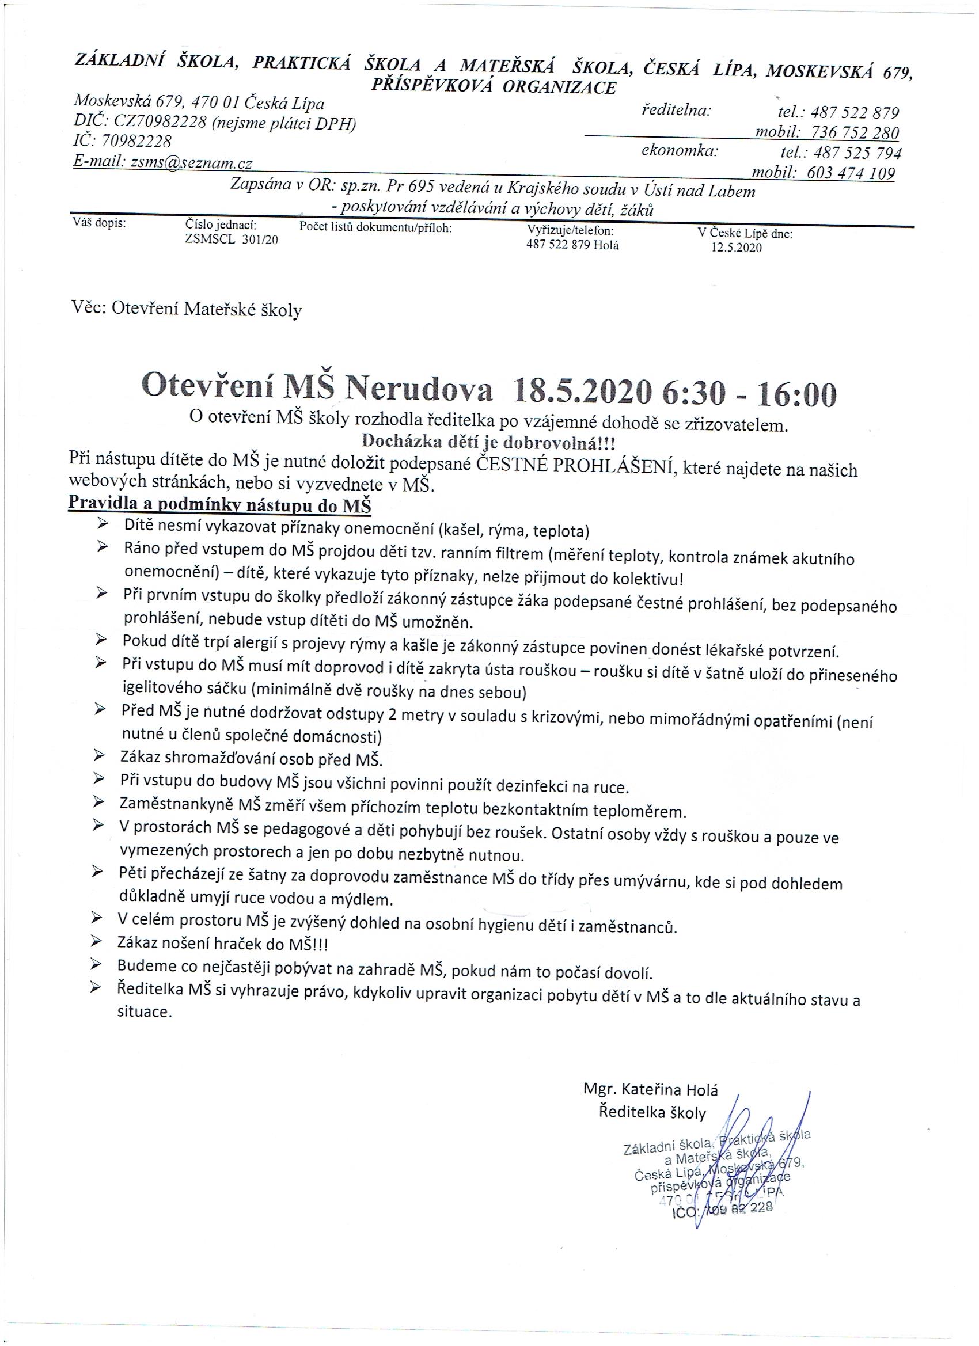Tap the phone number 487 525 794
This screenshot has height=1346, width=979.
click(858, 153)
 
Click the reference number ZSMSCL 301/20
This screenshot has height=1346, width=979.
click(232, 239)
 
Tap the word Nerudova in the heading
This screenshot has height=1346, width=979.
click(419, 390)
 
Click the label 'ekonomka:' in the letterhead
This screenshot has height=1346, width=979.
click(680, 151)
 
